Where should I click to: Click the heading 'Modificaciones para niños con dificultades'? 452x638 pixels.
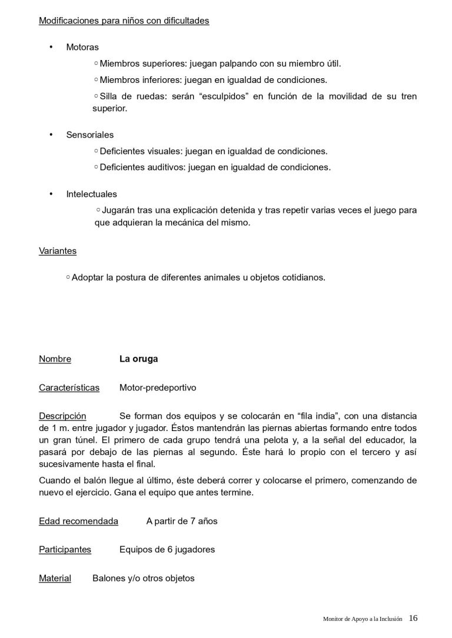pyautogui.click(x=124, y=21)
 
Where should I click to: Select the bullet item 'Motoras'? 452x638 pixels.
pyautogui.click(x=82, y=47)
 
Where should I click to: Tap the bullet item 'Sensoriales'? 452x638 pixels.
pyautogui.click(x=89, y=135)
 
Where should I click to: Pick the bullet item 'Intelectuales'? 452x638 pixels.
pyautogui.click(x=91, y=193)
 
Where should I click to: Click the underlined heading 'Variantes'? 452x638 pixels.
pyautogui.click(x=58, y=250)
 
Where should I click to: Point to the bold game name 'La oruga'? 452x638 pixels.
pyautogui.click(x=138, y=359)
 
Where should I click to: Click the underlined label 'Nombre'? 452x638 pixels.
pyautogui.click(x=55, y=359)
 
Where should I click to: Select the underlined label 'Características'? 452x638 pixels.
pyautogui.click(x=69, y=388)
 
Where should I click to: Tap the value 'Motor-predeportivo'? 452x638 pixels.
pyautogui.click(x=157, y=388)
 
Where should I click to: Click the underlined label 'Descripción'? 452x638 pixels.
pyautogui.click(x=62, y=416)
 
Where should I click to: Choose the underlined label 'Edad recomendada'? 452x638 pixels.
pyautogui.click(x=78, y=521)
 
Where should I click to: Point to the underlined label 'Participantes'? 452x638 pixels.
pyautogui.click(x=65, y=549)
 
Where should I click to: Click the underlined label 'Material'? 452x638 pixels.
pyautogui.click(x=55, y=578)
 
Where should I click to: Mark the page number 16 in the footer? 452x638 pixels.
pyautogui.click(x=413, y=618)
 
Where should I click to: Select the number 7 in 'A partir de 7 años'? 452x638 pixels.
pyautogui.click(x=187, y=521)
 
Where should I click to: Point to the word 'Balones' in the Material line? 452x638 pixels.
pyautogui.click(x=108, y=578)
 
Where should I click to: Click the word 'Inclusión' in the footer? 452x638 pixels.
pyautogui.click(x=390, y=619)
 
